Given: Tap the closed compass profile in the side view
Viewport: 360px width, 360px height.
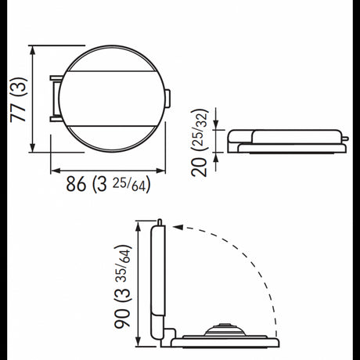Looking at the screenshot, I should [x=286, y=140].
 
